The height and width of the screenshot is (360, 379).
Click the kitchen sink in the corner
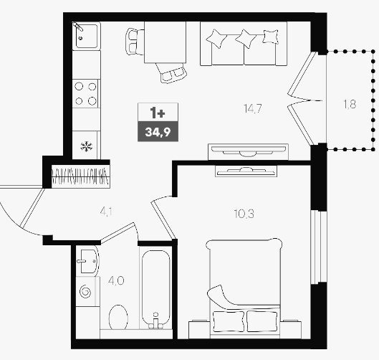pyautogui.click(x=87, y=36)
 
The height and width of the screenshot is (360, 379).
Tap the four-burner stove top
pyautogui.click(x=85, y=94)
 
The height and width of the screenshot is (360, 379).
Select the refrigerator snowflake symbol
pyautogui.click(x=87, y=146)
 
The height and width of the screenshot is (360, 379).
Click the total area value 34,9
pyautogui.click(x=158, y=132)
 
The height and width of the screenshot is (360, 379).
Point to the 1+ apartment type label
pyautogui.click(x=158, y=113)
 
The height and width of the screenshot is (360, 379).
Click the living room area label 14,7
pyautogui.click(x=253, y=108)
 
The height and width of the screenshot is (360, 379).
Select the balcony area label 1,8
pyautogui.click(x=350, y=104)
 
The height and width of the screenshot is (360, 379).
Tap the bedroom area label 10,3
pyautogui.click(x=244, y=214)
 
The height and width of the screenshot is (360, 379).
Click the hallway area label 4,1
pyautogui.click(x=105, y=212)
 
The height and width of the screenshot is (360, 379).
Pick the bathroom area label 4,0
pyautogui.click(x=116, y=281)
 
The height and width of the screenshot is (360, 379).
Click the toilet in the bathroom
pyautogui.click(x=118, y=318)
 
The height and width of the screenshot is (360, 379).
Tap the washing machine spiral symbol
pyautogui.click(x=85, y=291)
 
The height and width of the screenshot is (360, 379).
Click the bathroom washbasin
pyautogui.click(x=87, y=261)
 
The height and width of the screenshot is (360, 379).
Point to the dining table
pyautogui.click(x=165, y=42)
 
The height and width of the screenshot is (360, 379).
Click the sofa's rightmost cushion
pyautogui.click(x=271, y=37)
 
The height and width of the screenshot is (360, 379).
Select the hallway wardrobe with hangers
pyautogui.click(x=81, y=176)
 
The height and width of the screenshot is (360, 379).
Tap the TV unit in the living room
pyautogui.click(x=248, y=152)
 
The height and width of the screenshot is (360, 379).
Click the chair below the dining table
pyautogui.click(x=171, y=72)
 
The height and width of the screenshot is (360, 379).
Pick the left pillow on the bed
pyautogui.click(x=229, y=321)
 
